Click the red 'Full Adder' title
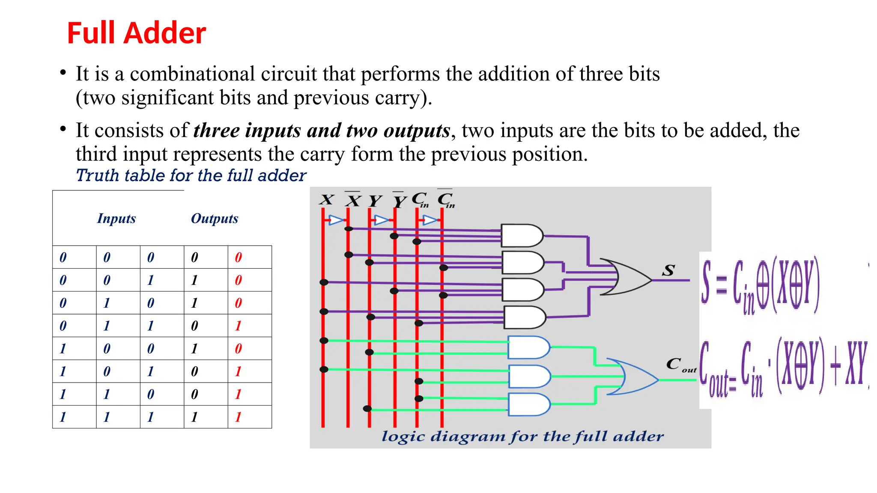point(136,33)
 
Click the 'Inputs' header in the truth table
point(116,219)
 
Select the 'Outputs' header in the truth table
point(214,219)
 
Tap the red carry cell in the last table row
point(239,417)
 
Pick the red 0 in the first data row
point(239,257)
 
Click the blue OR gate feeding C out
point(632,377)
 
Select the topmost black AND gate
point(522,235)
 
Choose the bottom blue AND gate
point(528,404)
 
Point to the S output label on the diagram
point(668,270)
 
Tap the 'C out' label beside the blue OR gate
point(680,365)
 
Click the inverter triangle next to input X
point(336,220)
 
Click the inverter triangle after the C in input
point(430,220)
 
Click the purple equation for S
point(760,285)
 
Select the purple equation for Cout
point(783,368)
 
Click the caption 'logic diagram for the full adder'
point(522,437)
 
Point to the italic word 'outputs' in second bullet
point(417,131)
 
